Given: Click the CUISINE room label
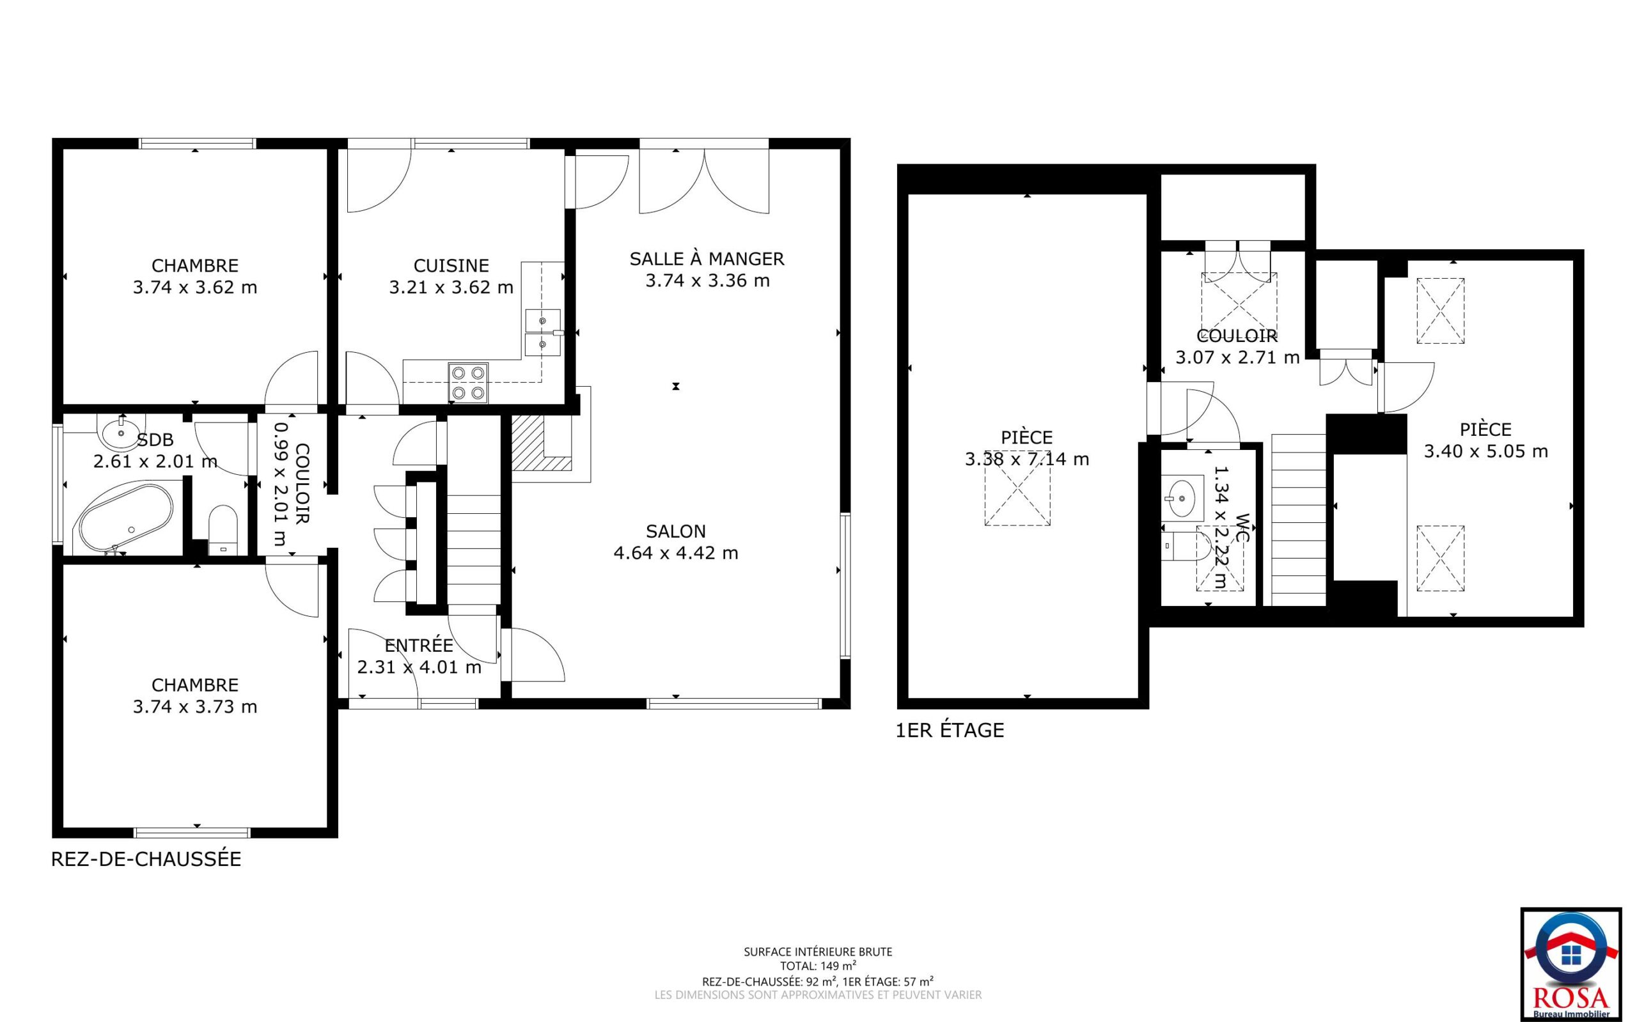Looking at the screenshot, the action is pyautogui.click(x=451, y=266).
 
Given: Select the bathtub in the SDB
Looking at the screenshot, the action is pyautogui.click(x=127, y=518).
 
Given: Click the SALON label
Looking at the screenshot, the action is pyautogui.click(x=675, y=531).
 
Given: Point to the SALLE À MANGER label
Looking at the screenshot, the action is pyautogui.click(x=707, y=258).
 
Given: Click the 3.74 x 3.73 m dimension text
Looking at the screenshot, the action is pyautogui.click(x=195, y=707).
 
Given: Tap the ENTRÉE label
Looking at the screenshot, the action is pyautogui.click(x=419, y=645).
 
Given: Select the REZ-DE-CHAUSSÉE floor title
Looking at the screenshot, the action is pyautogui.click(x=146, y=859).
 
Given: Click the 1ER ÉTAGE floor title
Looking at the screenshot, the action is pyautogui.click(x=950, y=730).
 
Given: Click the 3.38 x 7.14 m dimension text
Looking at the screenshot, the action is pyautogui.click(x=1026, y=460).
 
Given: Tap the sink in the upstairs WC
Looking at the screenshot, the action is pyautogui.click(x=1182, y=497).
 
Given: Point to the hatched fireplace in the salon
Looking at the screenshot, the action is pyautogui.click(x=542, y=443).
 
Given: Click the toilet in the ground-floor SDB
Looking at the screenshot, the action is pyautogui.click(x=223, y=530).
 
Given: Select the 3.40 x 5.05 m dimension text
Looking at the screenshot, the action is pyautogui.click(x=1485, y=451).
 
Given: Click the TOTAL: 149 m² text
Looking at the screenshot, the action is pyautogui.click(x=818, y=966).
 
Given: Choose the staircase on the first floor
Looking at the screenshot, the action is pyautogui.click(x=1298, y=519).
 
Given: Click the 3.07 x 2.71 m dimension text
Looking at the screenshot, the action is pyautogui.click(x=1237, y=357).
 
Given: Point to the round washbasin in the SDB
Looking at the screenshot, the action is pyautogui.click(x=120, y=431).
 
